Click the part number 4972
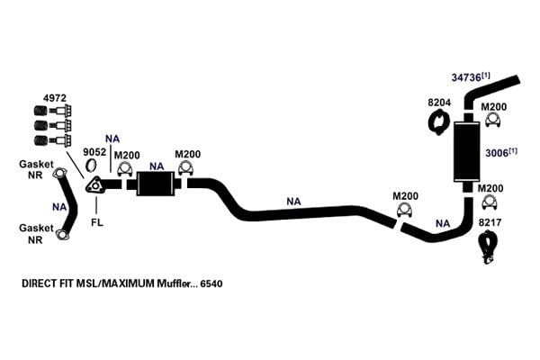pyautogui.click(x=55, y=98)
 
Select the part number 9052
pyautogui.click(x=94, y=151)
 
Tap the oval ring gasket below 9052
pyautogui.click(x=91, y=165)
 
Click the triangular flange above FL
pyautogui.click(x=94, y=185)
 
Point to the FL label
pyautogui.click(x=97, y=222)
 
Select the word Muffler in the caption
pyautogui.click(x=173, y=283)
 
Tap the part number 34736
pyautogui.click(x=466, y=77)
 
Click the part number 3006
pyautogui.click(x=497, y=153)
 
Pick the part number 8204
pyautogui.click(x=439, y=103)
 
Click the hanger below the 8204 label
pyautogui.click(x=439, y=121)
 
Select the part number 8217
pyautogui.click(x=490, y=222)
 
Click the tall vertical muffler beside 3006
pyautogui.click(x=467, y=151)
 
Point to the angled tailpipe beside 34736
pyautogui.click(x=490, y=91)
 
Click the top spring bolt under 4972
pyautogui.click(x=53, y=111)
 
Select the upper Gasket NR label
pyautogui.click(x=35, y=169)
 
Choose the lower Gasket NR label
pyautogui.click(x=35, y=234)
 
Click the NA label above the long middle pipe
pyautogui.click(x=293, y=202)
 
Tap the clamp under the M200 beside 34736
pyautogui.click(x=493, y=120)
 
